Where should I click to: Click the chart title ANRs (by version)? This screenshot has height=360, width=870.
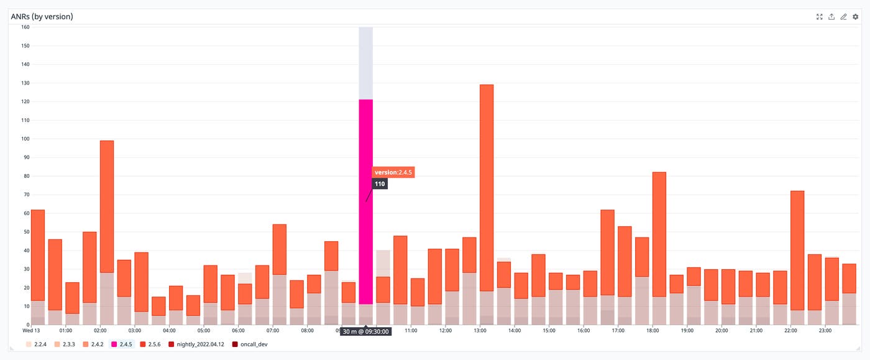click(42, 17)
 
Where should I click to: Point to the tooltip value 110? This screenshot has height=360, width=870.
click(380, 184)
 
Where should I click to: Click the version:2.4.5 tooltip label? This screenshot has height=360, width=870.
click(393, 172)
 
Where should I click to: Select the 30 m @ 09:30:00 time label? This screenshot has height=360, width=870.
click(365, 331)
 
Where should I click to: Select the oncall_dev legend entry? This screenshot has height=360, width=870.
click(252, 344)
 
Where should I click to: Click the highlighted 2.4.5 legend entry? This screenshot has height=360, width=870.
click(123, 344)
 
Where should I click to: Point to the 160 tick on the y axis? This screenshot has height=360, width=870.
click(25, 27)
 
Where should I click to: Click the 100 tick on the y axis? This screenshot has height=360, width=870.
click(25, 139)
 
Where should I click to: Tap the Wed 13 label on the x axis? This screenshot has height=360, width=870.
click(31, 331)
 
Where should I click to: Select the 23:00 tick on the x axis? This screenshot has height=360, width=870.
click(825, 331)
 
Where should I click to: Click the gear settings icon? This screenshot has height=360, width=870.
click(855, 17)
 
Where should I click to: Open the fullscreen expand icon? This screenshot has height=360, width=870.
click(819, 17)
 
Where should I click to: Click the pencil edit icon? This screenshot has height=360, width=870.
click(843, 17)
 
